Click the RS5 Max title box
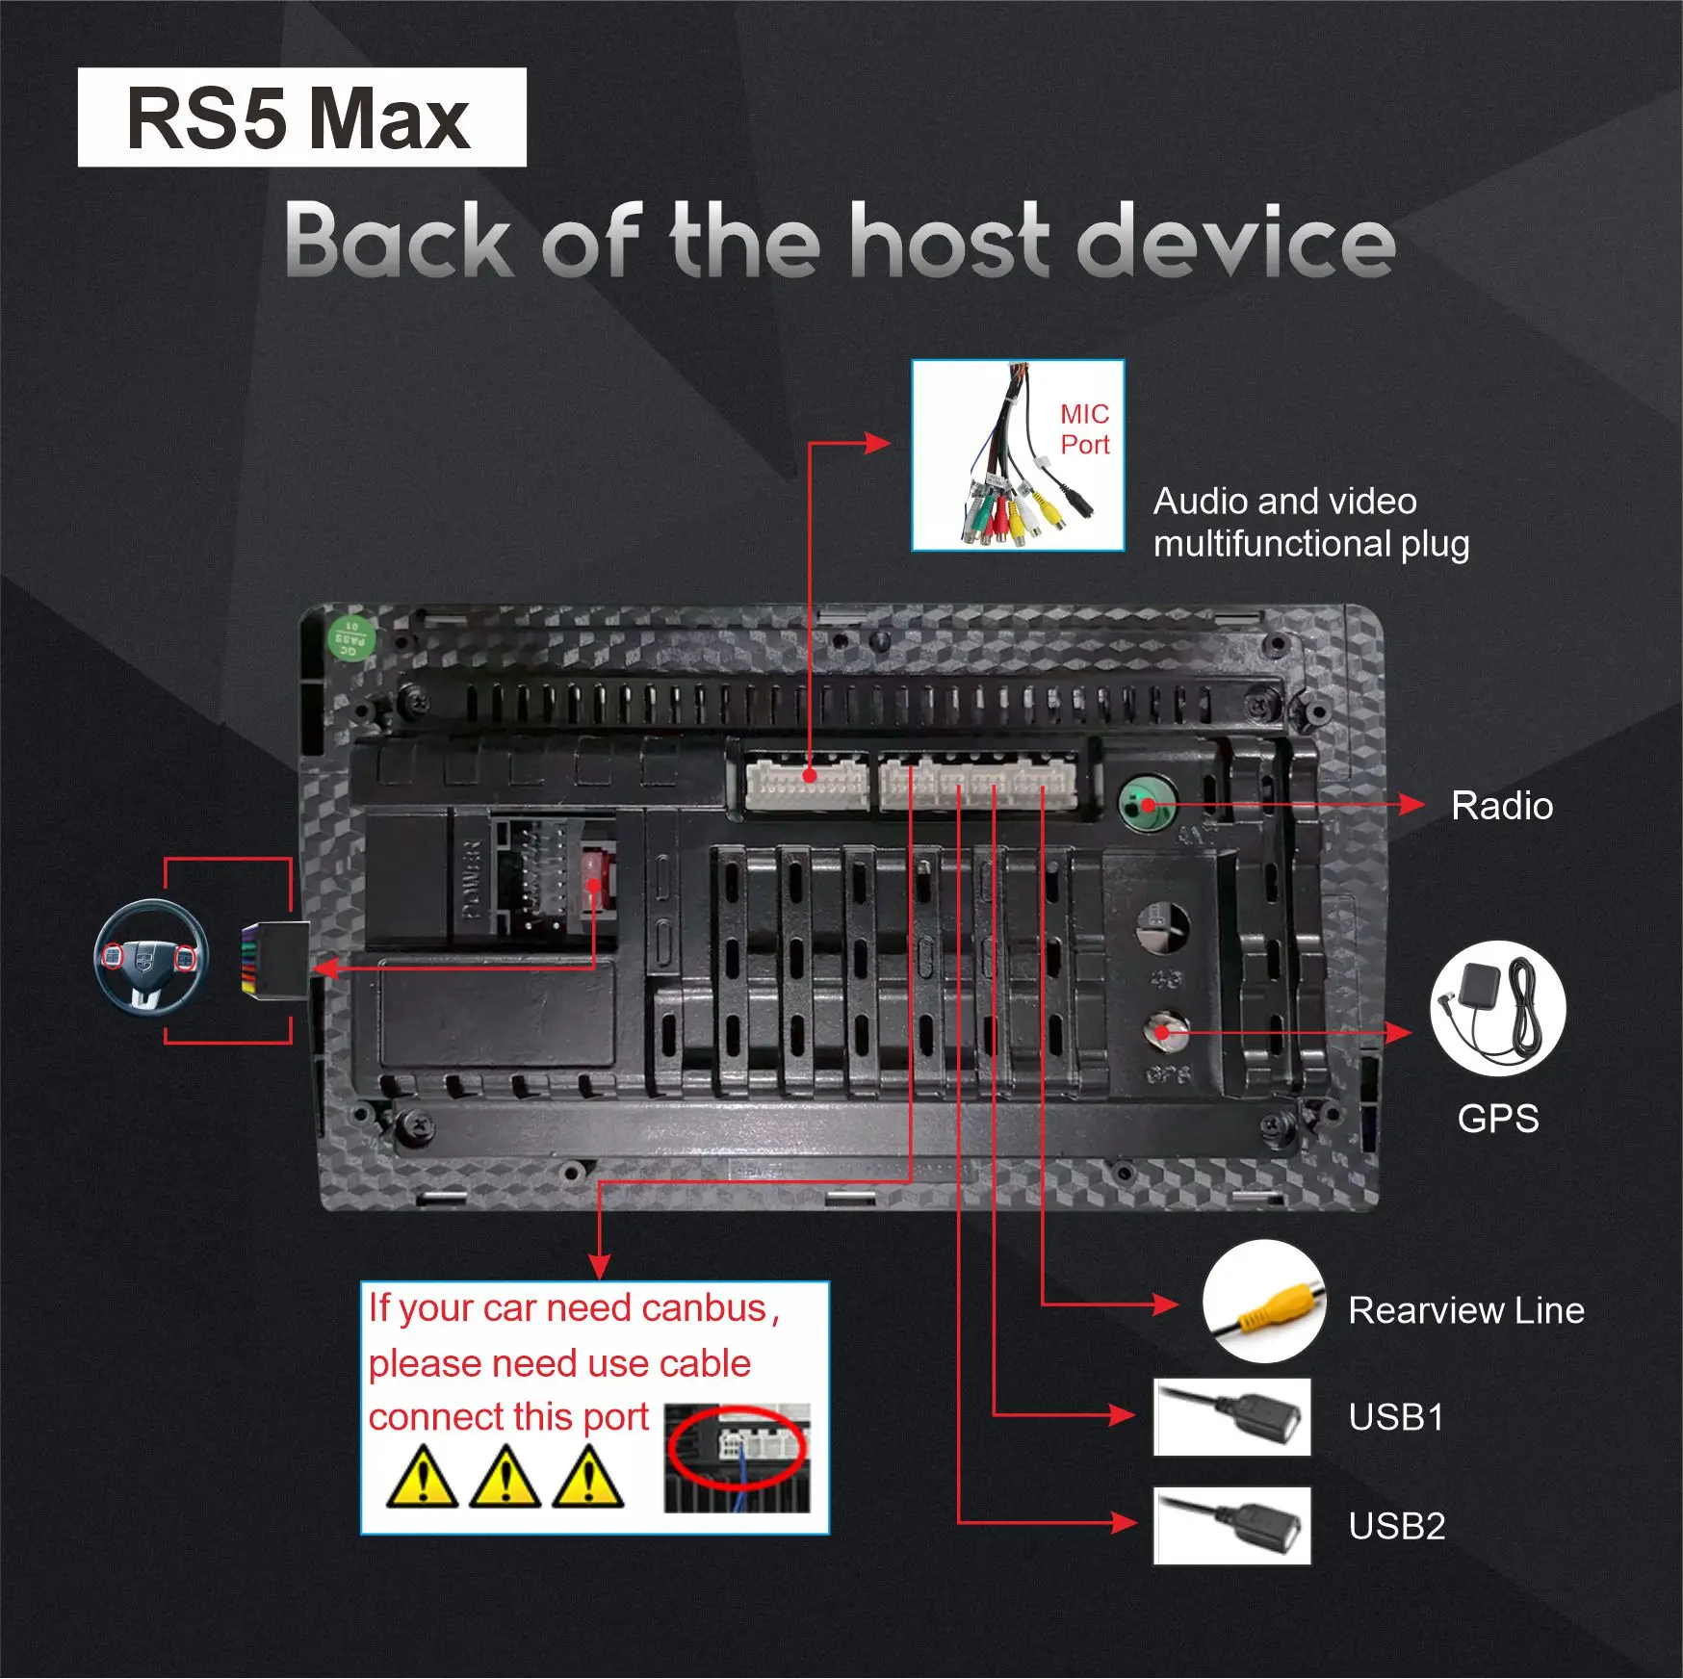pos(301,117)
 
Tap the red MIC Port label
pos(1084,429)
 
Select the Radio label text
pos(1501,806)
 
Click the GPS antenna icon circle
pos(1497,1008)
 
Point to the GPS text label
pos(1497,1119)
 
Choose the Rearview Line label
pos(1465,1310)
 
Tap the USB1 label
pos(1396,1417)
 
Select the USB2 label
pos(1396,1526)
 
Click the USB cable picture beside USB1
pos(1231,1416)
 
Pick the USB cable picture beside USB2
pos(1231,1525)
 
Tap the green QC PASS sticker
pos(350,636)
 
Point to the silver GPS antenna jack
pos(1164,1032)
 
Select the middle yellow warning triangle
pos(505,1479)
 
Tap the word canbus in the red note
pos(704,1308)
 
